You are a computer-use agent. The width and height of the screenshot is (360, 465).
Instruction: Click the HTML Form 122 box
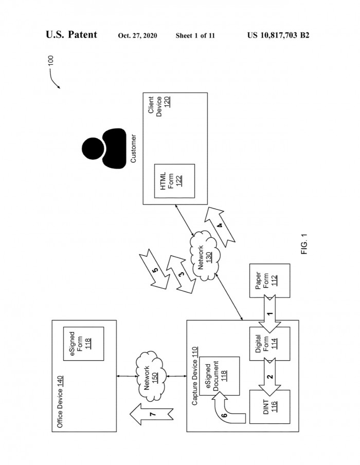point(174,181)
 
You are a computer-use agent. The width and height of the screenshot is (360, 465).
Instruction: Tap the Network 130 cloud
point(205,256)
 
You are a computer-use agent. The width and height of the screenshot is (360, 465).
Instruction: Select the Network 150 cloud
point(150,376)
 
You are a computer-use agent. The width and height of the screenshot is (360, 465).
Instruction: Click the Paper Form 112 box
point(269,281)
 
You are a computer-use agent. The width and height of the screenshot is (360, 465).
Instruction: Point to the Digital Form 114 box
point(269,344)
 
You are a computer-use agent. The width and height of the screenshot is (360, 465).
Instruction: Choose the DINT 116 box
point(269,407)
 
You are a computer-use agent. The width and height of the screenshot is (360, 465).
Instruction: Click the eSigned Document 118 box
point(219,376)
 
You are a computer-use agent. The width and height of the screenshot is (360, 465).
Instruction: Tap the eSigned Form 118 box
point(83,344)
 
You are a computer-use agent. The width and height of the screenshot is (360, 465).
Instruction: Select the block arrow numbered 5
point(154,269)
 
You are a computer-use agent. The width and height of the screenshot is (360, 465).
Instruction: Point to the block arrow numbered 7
point(151,414)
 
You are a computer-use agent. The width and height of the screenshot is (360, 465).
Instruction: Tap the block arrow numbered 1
point(269,314)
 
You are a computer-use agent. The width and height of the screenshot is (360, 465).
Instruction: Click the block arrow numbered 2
point(269,377)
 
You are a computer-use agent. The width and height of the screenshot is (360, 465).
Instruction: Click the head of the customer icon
point(93,148)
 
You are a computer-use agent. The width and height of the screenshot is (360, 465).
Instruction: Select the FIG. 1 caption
point(304,244)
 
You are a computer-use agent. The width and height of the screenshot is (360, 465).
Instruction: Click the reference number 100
point(51,61)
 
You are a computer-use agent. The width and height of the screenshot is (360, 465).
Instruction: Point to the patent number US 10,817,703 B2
point(278,35)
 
